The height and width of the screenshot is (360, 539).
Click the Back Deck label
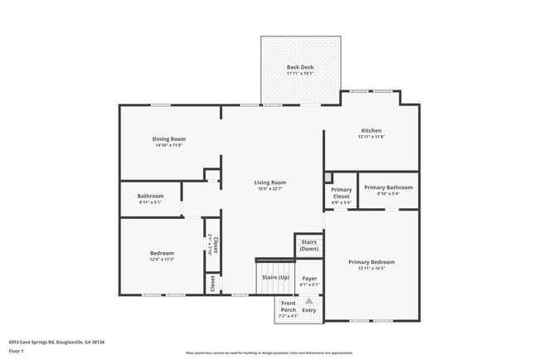pyautogui.click(x=300, y=66)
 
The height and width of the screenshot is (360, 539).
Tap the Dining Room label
pyautogui.click(x=168, y=139)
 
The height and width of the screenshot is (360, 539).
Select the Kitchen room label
pyautogui.click(x=371, y=130)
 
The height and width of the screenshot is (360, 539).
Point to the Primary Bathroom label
pyautogui.click(x=388, y=187)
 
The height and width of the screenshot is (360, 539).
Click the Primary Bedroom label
pyautogui.click(x=371, y=262)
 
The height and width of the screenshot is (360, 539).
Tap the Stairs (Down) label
pyautogui.click(x=308, y=246)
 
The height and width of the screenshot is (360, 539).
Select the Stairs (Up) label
pyautogui.click(x=275, y=277)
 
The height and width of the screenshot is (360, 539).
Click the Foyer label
pyautogui.click(x=309, y=279)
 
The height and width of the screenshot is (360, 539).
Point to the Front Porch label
pyautogui.click(x=288, y=307)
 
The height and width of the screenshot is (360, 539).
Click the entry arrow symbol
pyautogui.click(x=309, y=301)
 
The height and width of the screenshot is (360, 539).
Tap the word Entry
pyautogui.click(x=309, y=310)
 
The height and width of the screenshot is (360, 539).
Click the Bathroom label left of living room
pyautogui.click(x=150, y=196)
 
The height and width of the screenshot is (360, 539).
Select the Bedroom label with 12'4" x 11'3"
pyautogui.click(x=162, y=253)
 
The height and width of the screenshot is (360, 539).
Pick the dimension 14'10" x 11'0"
pyautogui.click(x=168, y=145)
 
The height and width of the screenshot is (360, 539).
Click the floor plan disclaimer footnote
pyautogui.click(x=269, y=352)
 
